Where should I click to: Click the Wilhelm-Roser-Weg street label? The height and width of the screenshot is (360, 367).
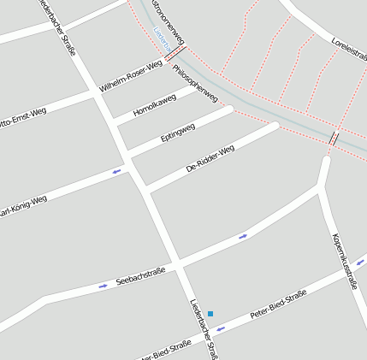130,76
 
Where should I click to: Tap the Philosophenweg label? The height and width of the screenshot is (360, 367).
196,83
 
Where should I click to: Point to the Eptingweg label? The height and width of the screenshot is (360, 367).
178,133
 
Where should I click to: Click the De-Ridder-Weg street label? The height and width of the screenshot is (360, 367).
210,158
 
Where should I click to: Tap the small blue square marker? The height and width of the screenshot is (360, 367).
210,314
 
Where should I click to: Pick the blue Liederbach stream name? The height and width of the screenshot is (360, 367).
160,37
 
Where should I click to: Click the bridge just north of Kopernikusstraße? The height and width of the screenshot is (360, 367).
333,138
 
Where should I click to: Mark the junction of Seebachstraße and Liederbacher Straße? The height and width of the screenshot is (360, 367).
179,263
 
